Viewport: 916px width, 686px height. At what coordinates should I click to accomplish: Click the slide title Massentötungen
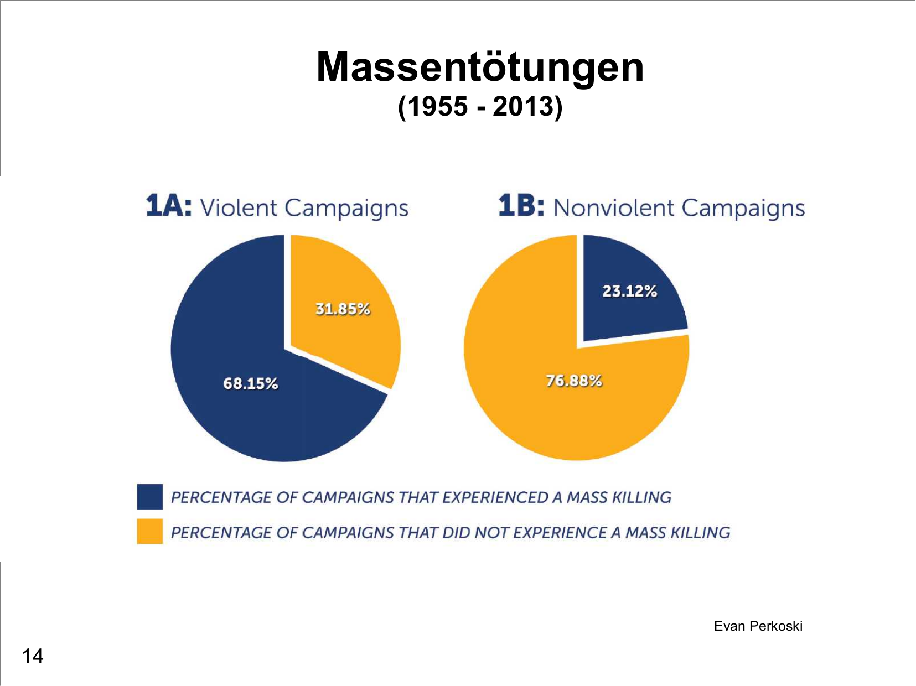[480, 67]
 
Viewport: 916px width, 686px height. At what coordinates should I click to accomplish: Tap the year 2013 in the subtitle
[523, 106]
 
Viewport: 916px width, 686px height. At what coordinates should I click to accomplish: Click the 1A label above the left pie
[168, 206]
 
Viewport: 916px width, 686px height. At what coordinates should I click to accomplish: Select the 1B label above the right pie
[521, 206]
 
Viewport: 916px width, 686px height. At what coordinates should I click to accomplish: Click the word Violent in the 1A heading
[238, 208]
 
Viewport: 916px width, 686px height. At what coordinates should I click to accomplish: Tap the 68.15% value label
[250, 383]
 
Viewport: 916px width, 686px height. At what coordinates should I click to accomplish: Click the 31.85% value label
[343, 309]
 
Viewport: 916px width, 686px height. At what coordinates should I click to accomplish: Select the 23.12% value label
[629, 291]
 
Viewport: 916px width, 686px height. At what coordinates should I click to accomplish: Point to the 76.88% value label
[574, 381]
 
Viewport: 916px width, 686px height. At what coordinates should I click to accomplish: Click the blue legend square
[149, 496]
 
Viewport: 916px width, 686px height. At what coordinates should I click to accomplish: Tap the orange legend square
[149, 531]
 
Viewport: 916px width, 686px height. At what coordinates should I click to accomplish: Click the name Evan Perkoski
[758, 626]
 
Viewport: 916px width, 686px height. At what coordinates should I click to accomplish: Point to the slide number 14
[33, 656]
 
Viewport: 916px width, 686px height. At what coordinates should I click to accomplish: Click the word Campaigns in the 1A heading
[346, 208]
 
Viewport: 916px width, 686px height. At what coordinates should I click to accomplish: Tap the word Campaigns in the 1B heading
[743, 208]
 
